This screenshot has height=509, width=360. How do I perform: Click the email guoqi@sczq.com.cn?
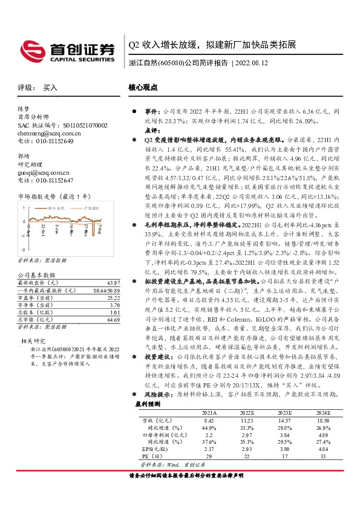click(x=41, y=172)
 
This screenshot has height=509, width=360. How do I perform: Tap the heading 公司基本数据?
click(x=34, y=274)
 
